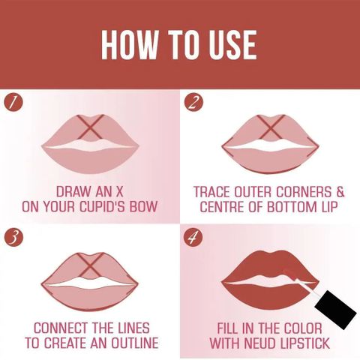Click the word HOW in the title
130,45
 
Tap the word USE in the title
233,45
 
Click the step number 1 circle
13,103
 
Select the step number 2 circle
193,103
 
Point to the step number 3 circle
13,237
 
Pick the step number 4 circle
193,237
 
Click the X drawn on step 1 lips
90,127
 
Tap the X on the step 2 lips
271,127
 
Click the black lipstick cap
336,309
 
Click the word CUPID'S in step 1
102,207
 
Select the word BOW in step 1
143,207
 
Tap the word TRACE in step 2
211,192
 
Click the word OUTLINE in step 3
134,343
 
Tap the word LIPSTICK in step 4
304,343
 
